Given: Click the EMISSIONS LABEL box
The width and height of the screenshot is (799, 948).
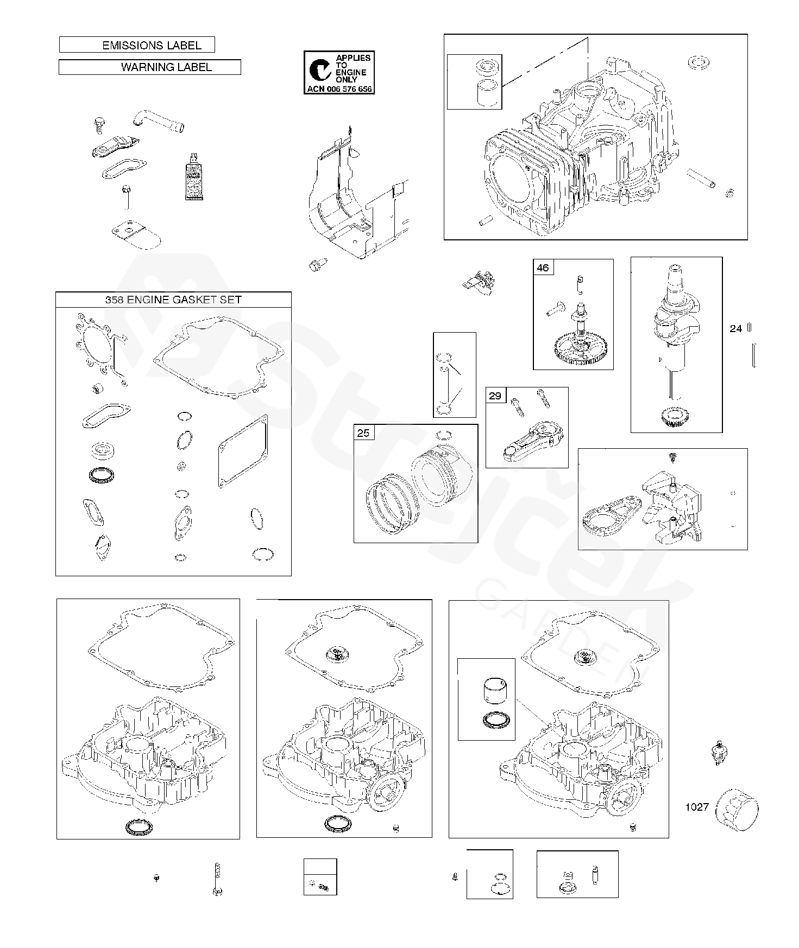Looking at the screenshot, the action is coord(137,45).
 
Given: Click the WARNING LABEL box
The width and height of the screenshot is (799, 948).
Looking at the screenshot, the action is coord(149,67).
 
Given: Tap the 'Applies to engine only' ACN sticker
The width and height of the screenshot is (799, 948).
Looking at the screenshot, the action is coord(339,72).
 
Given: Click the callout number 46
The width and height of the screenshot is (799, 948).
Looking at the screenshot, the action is coord(543,268).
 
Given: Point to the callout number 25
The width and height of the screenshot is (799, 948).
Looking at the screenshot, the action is coord(363,432).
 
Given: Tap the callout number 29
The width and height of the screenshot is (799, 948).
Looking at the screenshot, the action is coord(495,396).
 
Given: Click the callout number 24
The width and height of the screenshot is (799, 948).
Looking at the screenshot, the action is coord(735,328).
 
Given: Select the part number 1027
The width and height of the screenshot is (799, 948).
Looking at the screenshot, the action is coord(696,807).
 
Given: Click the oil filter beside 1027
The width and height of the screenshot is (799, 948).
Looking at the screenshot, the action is coord(737,810).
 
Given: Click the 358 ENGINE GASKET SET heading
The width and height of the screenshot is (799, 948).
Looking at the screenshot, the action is coord(173,300).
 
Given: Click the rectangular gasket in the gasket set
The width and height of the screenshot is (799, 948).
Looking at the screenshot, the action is coord(243,451).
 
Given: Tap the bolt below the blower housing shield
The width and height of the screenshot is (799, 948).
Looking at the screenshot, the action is coord(316,265).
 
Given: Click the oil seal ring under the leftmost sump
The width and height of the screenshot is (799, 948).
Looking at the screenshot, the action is coord(139,828).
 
